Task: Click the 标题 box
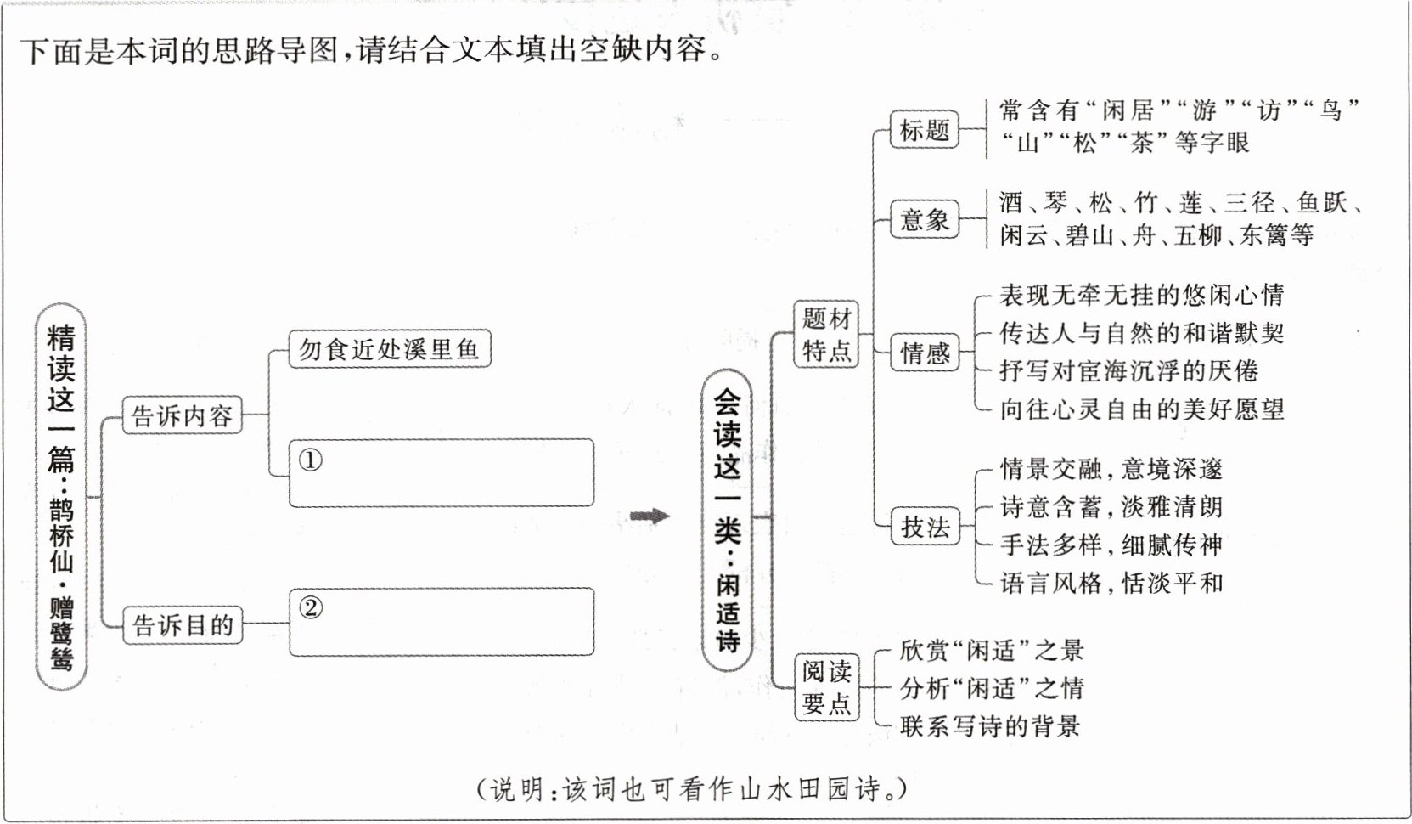point(925,130)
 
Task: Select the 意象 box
point(925,220)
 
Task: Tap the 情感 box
point(925,353)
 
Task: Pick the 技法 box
point(925,528)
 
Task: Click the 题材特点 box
point(826,334)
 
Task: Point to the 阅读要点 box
point(826,687)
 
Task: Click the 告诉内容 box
point(183,416)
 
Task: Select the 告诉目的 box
point(183,626)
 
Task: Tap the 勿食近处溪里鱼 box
point(390,349)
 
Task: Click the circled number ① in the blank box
point(311,460)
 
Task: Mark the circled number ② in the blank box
point(312,608)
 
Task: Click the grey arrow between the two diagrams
point(650,516)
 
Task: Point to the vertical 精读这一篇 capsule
point(62,497)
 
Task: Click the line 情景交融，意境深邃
point(1111,469)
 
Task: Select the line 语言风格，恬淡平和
point(1111,584)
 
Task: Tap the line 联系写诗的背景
point(990,726)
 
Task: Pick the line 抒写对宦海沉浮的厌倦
point(1128,371)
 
